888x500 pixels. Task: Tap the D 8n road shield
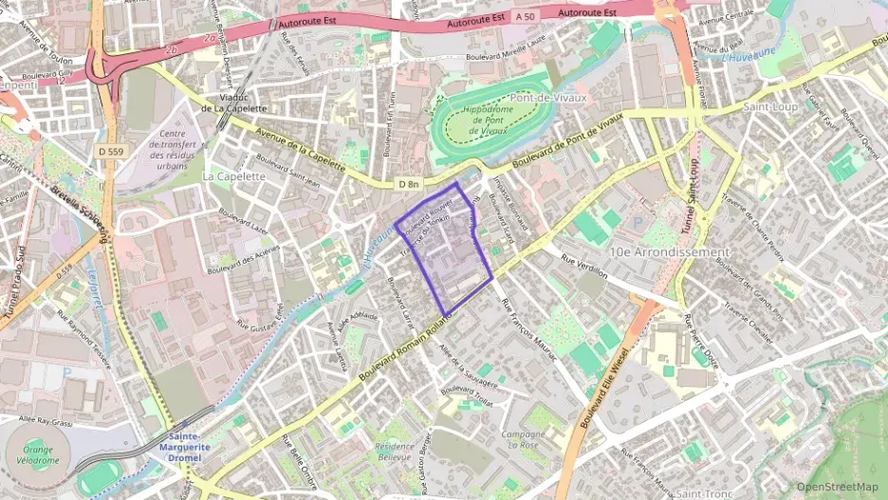pos(408,183)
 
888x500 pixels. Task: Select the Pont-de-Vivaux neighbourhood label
pos(548,97)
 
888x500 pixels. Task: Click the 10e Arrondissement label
pos(670,252)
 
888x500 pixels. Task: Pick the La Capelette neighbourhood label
pos(233,176)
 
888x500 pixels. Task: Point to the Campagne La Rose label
pos(524,440)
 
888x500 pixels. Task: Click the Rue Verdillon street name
pos(582,263)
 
